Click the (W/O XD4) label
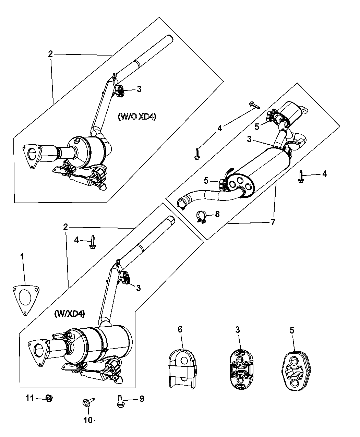pos(137,117)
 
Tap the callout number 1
pos(22,257)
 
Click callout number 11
pos(29,398)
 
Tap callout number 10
pos(88,420)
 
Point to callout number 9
pos(142,399)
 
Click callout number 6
pos(180,329)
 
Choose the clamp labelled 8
pos(201,217)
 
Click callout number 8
pos(217,214)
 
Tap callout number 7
pos(273,222)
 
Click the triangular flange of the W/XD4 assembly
pos(38,353)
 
